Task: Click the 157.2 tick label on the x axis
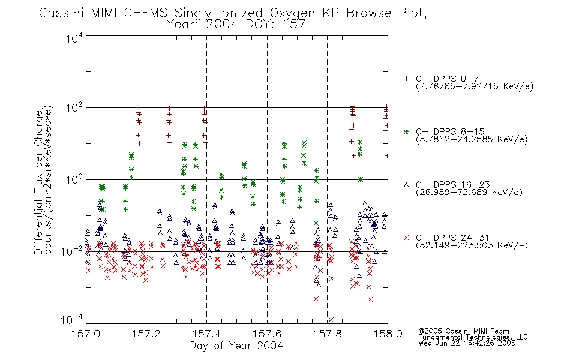tap(146, 334)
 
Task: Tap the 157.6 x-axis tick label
tap(267, 334)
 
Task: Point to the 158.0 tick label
tap(388, 334)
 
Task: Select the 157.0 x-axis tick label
tap(86, 334)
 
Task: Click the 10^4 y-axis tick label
tap(74, 38)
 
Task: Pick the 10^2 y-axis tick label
tap(74, 108)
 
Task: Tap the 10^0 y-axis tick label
tap(74, 180)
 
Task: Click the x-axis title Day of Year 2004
tap(236, 346)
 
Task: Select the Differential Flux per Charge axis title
tap(38, 182)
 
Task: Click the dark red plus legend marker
tap(406, 79)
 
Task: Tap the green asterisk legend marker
tap(406, 131)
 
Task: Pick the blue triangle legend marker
tap(406, 185)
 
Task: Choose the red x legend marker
tap(406, 238)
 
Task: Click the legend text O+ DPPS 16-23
tap(453, 184)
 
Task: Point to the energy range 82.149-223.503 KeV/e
tap(472, 245)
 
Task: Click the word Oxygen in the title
tap(292, 13)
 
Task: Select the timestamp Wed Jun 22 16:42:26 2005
tap(467, 343)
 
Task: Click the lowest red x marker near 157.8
tap(331, 320)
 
